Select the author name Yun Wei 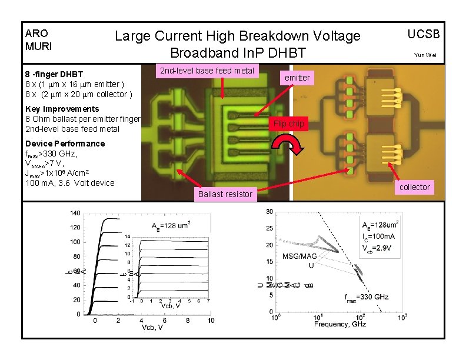(x=425, y=55)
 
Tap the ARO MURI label (x=37, y=39)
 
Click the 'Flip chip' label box (x=288, y=124)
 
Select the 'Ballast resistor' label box (x=225, y=194)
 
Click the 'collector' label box (x=415, y=187)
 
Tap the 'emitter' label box (x=297, y=78)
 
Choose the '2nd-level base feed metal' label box (x=207, y=71)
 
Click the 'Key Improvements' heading (x=62, y=109)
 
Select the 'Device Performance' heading (x=65, y=144)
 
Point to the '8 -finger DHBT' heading (x=54, y=74)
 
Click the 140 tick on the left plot (x=75, y=212)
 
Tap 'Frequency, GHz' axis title (x=339, y=324)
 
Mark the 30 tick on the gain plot (x=269, y=211)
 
